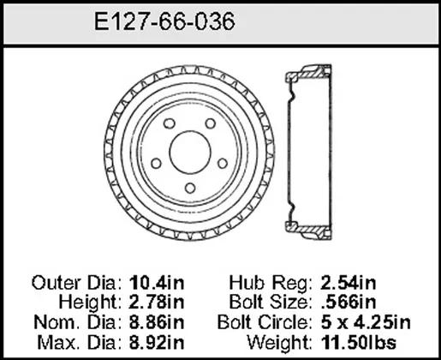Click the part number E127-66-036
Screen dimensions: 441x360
pyautogui.click(x=164, y=21)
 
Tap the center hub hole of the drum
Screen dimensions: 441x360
pyautogui.click(x=190, y=153)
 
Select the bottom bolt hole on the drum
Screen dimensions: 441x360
pyautogui.click(x=190, y=188)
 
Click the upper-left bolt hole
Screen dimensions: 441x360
pyautogui.click(x=170, y=123)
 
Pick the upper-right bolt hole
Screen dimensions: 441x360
pyautogui.click(x=211, y=123)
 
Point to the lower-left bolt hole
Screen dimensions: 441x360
pyautogui.click(x=156, y=164)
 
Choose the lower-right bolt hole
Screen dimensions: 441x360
pyautogui.click(x=223, y=164)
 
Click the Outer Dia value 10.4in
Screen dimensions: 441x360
pyautogui.click(x=157, y=283)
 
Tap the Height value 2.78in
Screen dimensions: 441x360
pyautogui.click(x=157, y=303)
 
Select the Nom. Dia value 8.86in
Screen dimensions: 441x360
pyautogui.click(x=157, y=322)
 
